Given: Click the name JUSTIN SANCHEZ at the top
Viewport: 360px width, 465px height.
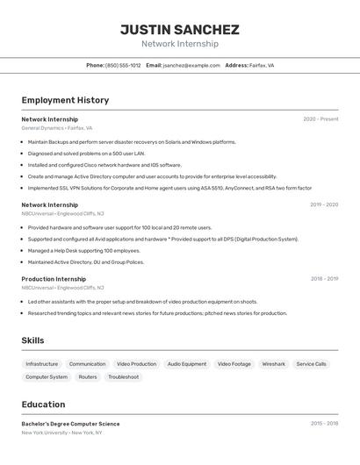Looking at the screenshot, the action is click(179, 29).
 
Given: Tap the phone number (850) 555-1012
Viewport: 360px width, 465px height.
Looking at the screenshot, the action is click(123, 65).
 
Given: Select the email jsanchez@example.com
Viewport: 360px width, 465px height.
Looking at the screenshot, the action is click(191, 65).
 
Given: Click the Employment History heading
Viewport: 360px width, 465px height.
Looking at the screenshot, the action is click(65, 100).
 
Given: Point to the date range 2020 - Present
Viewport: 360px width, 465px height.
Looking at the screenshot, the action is click(320, 118).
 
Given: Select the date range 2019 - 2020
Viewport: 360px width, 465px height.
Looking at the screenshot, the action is click(324, 204).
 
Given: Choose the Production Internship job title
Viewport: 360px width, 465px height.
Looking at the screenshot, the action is click(54, 279).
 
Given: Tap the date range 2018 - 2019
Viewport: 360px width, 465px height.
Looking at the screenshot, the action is click(324, 279).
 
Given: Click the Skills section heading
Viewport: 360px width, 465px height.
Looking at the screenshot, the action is click(33, 340).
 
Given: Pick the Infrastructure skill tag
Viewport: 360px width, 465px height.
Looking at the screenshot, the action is click(42, 363).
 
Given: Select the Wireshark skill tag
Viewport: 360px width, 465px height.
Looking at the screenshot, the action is click(273, 363).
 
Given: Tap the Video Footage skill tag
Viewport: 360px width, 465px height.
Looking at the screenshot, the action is click(234, 363).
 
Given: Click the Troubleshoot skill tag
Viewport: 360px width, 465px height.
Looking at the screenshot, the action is click(123, 377).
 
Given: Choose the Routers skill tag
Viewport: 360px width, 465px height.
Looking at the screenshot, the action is click(88, 377).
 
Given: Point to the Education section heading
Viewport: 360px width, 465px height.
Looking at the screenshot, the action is click(43, 404).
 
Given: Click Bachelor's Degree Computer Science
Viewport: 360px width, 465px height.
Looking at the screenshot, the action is click(70, 424).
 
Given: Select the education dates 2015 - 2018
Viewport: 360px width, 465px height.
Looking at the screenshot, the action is click(324, 423).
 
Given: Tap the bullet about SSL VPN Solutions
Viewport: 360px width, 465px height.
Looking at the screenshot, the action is click(169, 188).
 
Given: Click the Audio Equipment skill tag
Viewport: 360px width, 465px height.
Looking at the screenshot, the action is click(187, 363).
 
